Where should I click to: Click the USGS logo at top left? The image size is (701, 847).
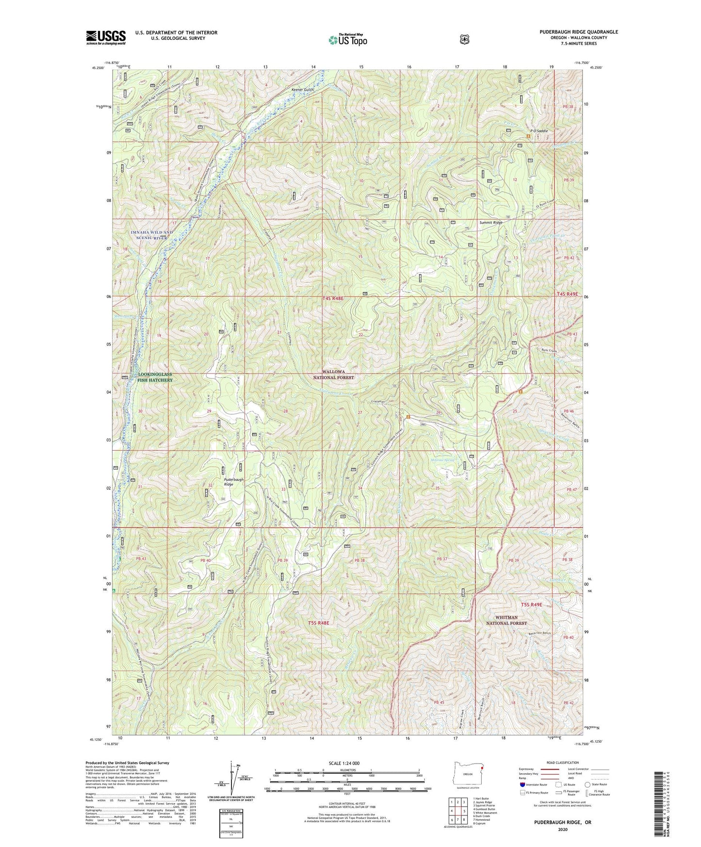[x=106, y=37]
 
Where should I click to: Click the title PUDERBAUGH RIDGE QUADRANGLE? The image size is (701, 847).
[x=576, y=32]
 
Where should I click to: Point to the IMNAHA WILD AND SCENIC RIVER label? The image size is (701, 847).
[x=151, y=235]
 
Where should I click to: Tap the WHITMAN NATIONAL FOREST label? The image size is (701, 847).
[x=506, y=620]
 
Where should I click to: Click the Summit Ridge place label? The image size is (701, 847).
[x=490, y=223]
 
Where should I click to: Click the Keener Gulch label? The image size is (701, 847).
[x=302, y=90]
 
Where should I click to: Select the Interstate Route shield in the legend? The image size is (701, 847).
[x=522, y=784]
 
